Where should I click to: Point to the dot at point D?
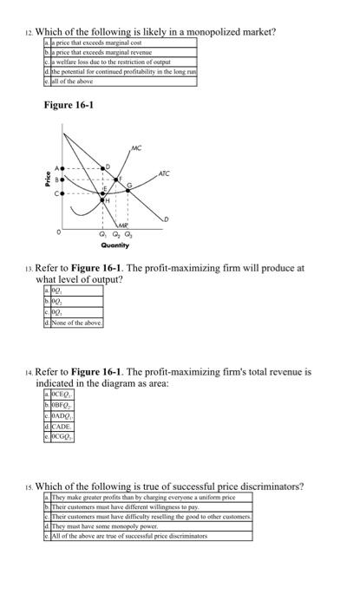point(102,168)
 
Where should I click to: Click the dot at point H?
point(103,199)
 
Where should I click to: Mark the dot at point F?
point(115,179)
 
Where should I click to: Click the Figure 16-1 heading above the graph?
point(69,106)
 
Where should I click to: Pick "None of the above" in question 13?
point(74,322)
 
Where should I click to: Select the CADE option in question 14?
point(57,426)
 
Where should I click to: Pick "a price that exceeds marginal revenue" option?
point(91,52)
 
